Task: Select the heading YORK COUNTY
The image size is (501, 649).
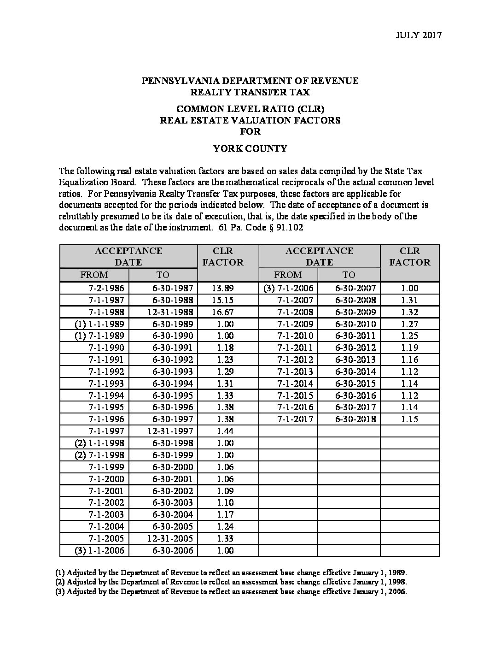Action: click(250, 148)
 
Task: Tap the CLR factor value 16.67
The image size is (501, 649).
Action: click(223, 312)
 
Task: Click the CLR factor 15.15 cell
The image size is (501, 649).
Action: click(223, 300)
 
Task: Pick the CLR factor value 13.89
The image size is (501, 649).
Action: click(223, 288)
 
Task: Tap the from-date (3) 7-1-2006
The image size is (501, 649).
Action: click(288, 288)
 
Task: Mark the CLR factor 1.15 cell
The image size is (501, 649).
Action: click(409, 419)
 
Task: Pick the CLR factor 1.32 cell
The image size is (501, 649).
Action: click(409, 312)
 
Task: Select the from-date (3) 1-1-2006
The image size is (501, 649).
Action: click(99, 550)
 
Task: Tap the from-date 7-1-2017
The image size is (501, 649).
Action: click(295, 419)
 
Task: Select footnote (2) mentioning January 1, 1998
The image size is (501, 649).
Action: click(231, 582)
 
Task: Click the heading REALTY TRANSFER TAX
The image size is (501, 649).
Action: click(250, 92)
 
